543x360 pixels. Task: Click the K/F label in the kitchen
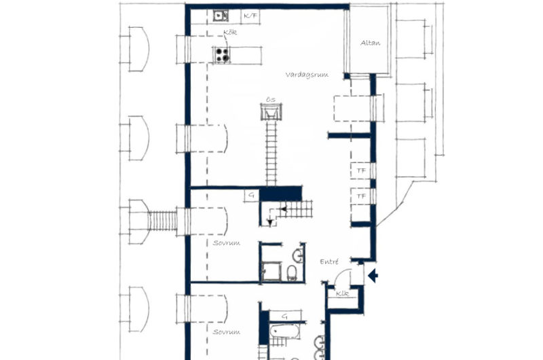250,14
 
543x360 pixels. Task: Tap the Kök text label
229,33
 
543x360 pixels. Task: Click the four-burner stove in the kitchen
221,54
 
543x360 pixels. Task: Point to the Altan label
370,43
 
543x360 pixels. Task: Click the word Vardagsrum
307,75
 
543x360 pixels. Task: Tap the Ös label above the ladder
270,100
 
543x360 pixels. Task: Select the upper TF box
361,171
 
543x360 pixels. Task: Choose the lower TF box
361,196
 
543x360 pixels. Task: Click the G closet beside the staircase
252,195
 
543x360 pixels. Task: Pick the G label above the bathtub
285,316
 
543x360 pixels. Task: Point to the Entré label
330,261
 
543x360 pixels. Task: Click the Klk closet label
342,293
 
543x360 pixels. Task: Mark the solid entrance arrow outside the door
373,275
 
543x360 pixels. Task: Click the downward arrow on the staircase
270,220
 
